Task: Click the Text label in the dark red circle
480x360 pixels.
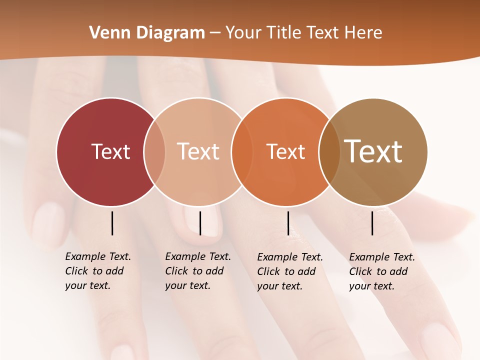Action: pyautogui.click(x=110, y=151)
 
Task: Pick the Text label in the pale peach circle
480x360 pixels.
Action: pyautogui.click(x=198, y=151)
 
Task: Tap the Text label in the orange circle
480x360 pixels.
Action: pyautogui.click(x=285, y=151)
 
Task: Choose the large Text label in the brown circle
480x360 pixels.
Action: pyautogui.click(x=373, y=151)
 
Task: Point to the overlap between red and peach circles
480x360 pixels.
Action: pyautogui.click(x=154, y=152)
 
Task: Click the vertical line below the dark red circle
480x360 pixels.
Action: pyautogui.click(x=112, y=223)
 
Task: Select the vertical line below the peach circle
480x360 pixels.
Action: pyautogui.click(x=200, y=223)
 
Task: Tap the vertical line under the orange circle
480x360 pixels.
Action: pyautogui.click(x=288, y=223)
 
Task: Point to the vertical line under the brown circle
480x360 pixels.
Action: pyautogui.click(x=372, y=223)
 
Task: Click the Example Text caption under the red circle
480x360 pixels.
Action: pyautogui.click(x=98, y=271)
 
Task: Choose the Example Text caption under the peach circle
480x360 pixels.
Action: pyautogui.click(x=198, y=271)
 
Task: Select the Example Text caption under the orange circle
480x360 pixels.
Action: pyautogui.click(x=290, y=271)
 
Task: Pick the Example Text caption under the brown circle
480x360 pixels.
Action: pyautogui.click(x=382, y=271)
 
